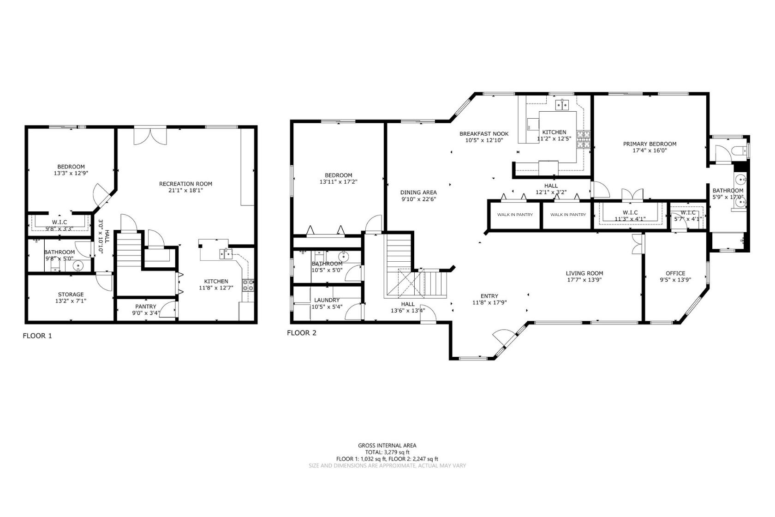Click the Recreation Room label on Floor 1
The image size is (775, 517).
click(x=185, y=184)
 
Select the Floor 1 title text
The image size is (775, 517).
click(x=37, y=336)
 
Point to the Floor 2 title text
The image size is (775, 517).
click(x=302, y=333)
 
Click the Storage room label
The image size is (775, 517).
click(x=71, y=295)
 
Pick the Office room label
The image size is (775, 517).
click(x=675, y=273)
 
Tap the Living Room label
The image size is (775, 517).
click(x=584, y=273)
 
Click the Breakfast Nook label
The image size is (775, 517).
click(x=484, y=134)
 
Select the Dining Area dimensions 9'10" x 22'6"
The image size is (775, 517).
click(x=418, y=199)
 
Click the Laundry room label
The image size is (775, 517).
click(x=327, y=300)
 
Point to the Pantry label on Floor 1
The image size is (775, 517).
click(x=146, y=307)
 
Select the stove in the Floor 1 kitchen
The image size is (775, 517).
click(x=248, y=285)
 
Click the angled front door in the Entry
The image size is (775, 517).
click(x=503, y=339)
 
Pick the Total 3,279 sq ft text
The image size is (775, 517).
click(x=387, y=452)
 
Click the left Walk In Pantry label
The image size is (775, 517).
click(x=515, y=215)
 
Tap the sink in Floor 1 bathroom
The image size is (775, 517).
click(x=77, y=265)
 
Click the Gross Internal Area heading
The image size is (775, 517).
click(x=387, y=445)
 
